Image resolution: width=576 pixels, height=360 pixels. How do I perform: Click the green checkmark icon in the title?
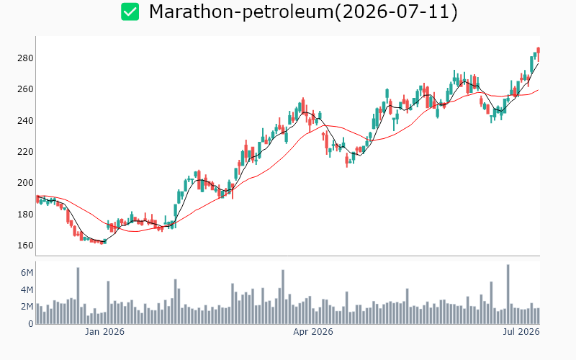pyautogui.click(x=130, y=12)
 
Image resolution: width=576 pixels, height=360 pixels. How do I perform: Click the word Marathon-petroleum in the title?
pyautogui.click(x=241, y=12)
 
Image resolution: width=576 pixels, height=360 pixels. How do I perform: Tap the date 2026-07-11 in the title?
pyautogui.click(x=397, y=12)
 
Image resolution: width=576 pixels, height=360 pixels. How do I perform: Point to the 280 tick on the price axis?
pyautogui.click(x=25, y=58)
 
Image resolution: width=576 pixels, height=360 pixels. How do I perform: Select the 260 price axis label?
pyautogui.click(x=25, y=89)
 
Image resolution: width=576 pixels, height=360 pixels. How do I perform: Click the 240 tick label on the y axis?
pyautogui.click(x=25, y=120)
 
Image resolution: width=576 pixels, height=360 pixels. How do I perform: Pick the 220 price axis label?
pyautogui.click(x=25, y=152)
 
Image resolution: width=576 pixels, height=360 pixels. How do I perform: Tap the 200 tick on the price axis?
pyautogui.click(x=25, y=183)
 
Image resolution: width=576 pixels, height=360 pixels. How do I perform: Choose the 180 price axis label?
pyautogui.click(x=25, y=214)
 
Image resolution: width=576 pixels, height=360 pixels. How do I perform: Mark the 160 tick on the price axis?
pyautogui.click(x=25, y=245)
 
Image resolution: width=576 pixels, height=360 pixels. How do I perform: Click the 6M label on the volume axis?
pyautogui.click(x=27, y=273)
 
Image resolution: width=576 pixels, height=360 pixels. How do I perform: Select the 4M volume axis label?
pyautogui.click(x=27, y=290)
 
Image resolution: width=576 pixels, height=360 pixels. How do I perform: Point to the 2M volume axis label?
pyautogui.click(x=27, y=307)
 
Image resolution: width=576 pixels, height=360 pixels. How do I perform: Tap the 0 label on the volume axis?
pyautogui.click(x=30, y=323)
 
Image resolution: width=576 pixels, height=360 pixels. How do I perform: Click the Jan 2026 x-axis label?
pyautogui.click(x=104, y=332)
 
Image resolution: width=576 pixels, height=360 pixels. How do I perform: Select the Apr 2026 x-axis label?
pyautogui.click(x=313, y=332)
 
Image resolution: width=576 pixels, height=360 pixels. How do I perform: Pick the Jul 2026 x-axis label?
pyautogui.click(x=521, y=332)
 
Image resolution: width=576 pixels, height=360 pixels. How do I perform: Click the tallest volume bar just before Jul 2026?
pyautogui.click(x=508, y=294)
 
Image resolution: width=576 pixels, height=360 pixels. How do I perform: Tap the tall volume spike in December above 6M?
pyautogui.click(x=78, y=296)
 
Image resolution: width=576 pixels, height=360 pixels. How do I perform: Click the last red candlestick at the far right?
pyautogui.click(x=538, y=55)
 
